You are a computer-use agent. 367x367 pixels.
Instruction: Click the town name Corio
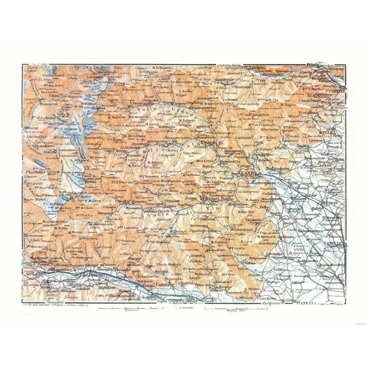click(281, 147)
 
